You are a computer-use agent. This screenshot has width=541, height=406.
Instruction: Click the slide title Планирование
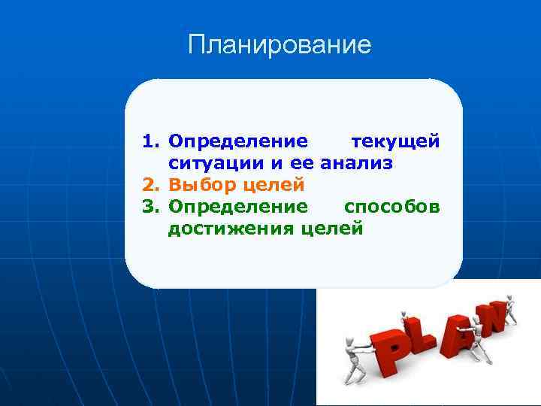click(x=280, y=45)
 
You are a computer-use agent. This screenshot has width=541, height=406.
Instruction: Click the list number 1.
click(x=150, y=142)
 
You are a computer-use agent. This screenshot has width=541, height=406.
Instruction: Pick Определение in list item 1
click(x=237, y=142)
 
